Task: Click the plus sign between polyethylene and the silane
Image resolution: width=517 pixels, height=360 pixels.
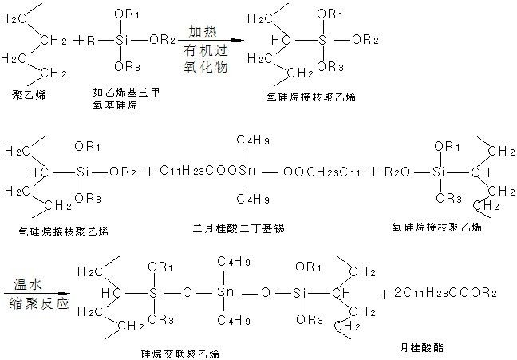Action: click(81, 40)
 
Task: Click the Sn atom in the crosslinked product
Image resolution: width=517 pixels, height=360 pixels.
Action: click(226, 294)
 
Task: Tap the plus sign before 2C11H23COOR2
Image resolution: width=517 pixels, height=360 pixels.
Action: click(387, 294)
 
